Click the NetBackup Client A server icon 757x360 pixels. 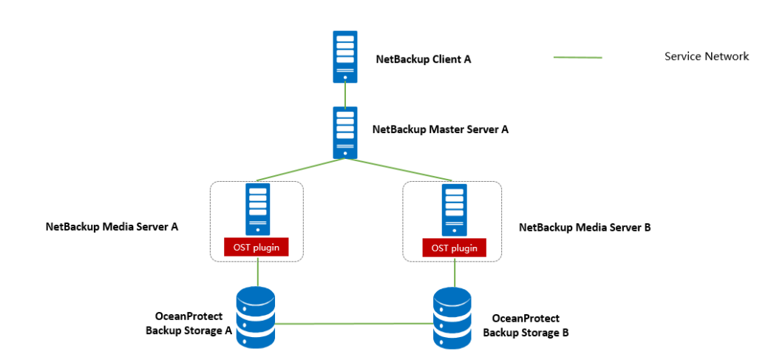coord(344,55)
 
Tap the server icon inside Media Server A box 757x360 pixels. coord(257,209)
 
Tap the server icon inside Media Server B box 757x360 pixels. coord(454,209)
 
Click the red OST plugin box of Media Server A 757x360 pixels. coord(257,247)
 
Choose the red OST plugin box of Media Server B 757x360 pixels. coord(454,248)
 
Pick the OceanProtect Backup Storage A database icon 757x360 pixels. coord(256,318)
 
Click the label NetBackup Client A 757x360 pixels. coord(423,59)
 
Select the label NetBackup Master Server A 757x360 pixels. coord(440,129)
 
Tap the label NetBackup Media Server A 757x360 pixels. coord(112,226)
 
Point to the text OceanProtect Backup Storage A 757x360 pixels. coord(189,324)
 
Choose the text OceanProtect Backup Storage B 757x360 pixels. coord(526,325)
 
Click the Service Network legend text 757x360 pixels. coord(706,56)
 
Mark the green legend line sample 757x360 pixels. coord(577,57)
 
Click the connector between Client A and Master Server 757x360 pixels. coord(344,94)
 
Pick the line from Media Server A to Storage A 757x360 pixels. coord(257,273)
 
